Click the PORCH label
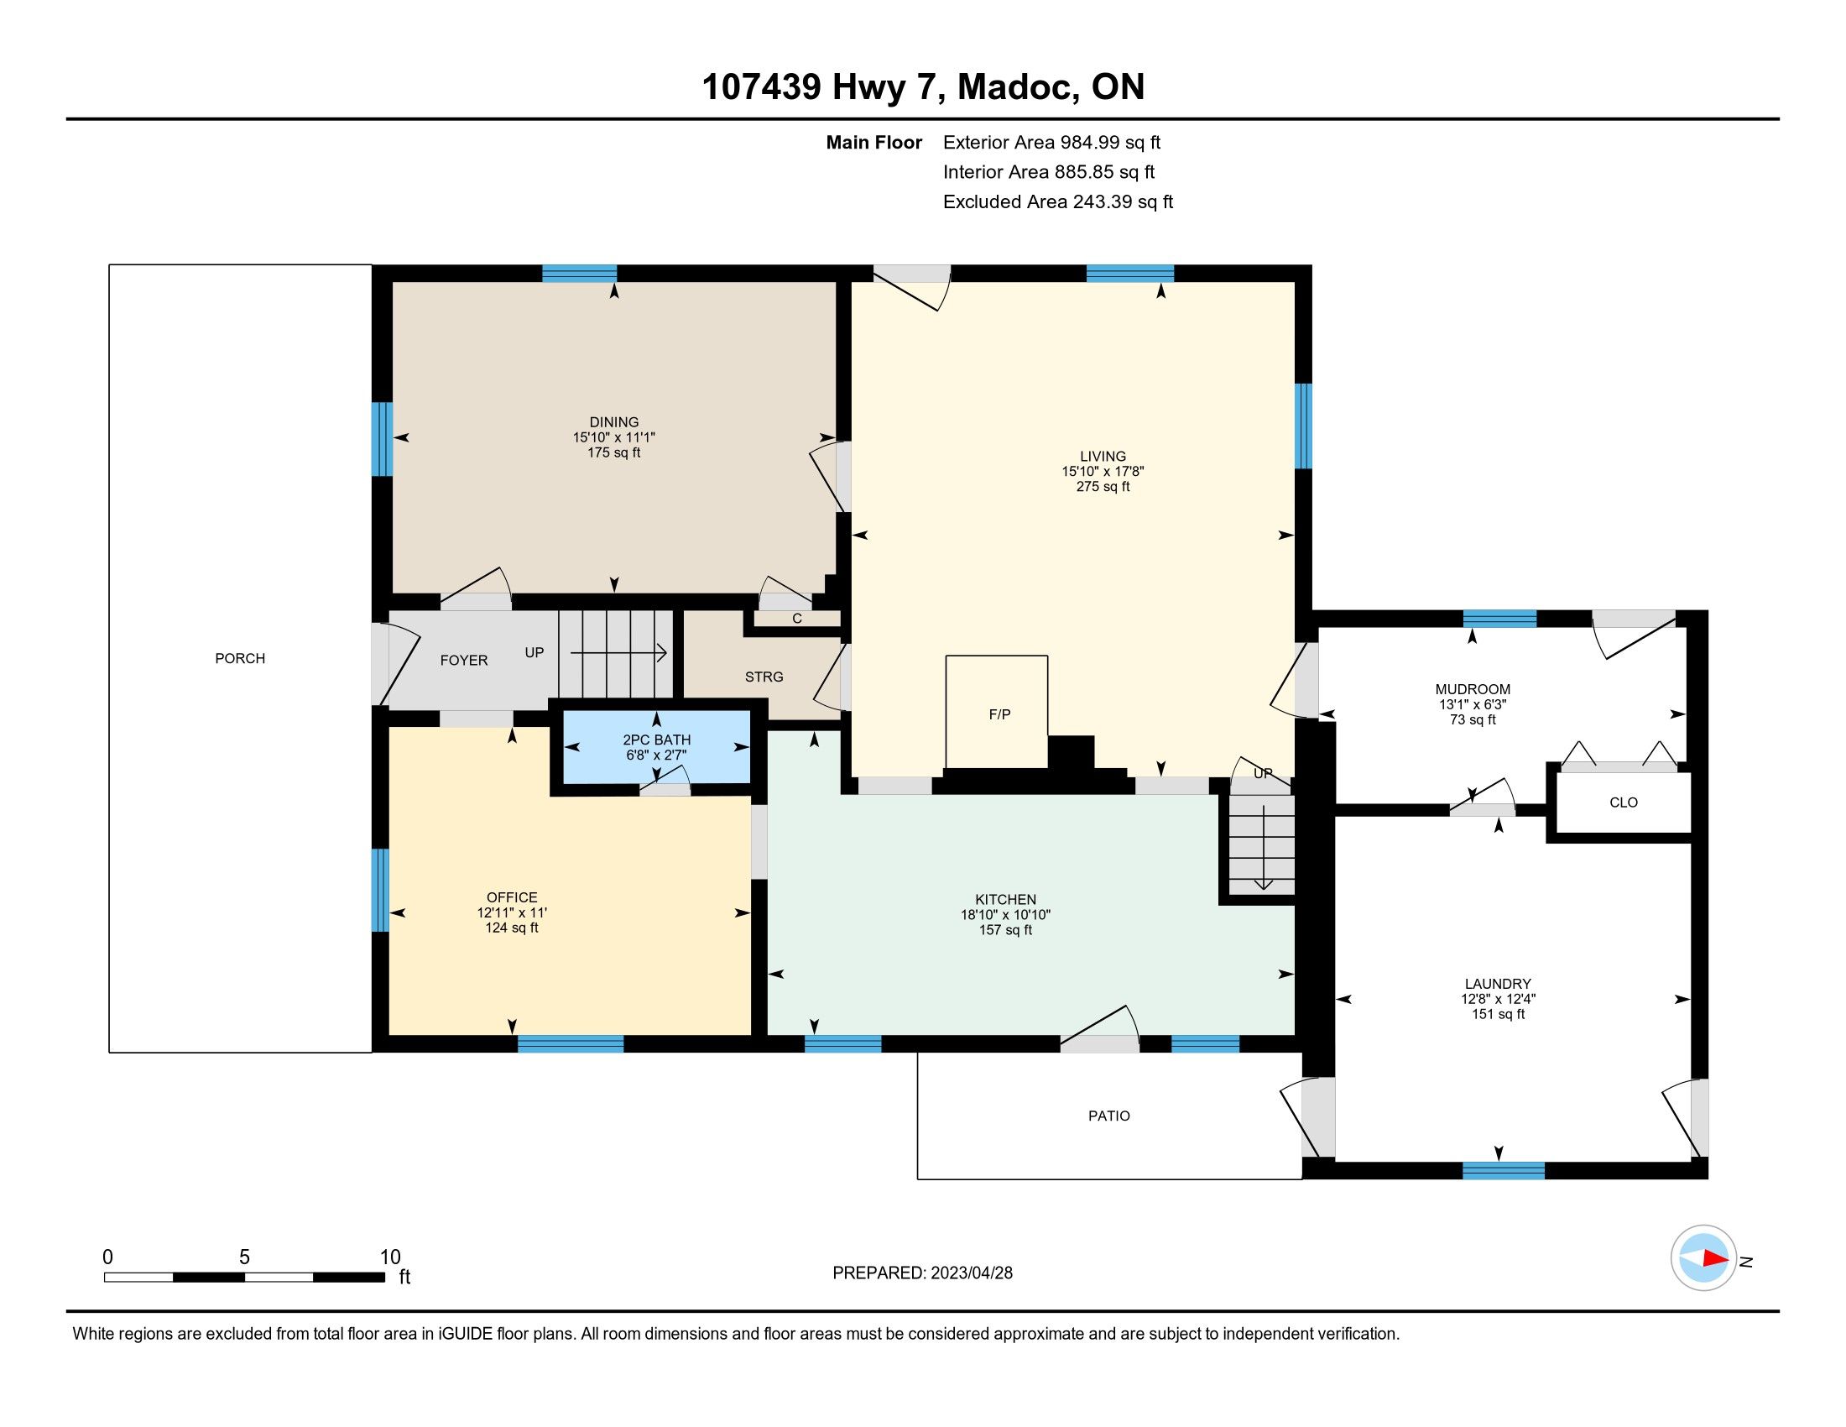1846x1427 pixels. coord(240,659)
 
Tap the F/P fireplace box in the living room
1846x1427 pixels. coord(998,712)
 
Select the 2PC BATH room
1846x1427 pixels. coord(657,747)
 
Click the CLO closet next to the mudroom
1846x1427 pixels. coord(1623,802)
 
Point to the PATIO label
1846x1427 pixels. coord(1109,1116)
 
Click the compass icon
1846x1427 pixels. coord(1703,1258)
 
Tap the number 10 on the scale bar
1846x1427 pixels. coord(389,1257)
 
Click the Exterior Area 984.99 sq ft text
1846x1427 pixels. coord(1052,143)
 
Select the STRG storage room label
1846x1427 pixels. coord(764,677)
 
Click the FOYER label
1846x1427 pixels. coord(464,661)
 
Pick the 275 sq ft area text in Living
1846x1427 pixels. coord(1103,487)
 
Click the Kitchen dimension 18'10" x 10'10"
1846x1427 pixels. coord(1005,915)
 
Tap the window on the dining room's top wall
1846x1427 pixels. coord(579,273)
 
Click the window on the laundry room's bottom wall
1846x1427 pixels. coord(1504,1171)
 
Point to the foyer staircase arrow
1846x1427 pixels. coord(618,652)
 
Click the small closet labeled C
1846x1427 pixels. coord(796,619)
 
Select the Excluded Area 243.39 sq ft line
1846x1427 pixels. coord(1058,202)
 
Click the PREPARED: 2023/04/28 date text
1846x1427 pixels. coord(922,1273)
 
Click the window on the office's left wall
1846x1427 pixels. coord(381,889)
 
